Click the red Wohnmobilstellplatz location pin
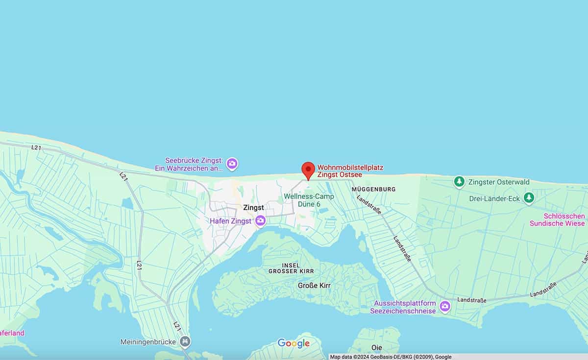[x=308, y=170]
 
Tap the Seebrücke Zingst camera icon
[x=232, y=164]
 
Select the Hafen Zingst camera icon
[x=261, y=221]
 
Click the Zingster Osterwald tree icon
[x=459, y=182]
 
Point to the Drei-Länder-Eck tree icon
[x=529, y=197]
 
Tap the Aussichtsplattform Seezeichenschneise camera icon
[x=445, y=307]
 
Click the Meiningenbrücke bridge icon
[x=185, y=341]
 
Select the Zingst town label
[x=253, y=208]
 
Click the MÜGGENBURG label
[x=373, y=189]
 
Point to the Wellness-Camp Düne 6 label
[x=309, y=200]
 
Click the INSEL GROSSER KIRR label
[x=291, y=268]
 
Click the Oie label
[x=377, y=347]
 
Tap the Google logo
[x=294, y=343]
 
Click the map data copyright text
[x=391, y=357]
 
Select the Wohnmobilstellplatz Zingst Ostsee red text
[x=350, y=171]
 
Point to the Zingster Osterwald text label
[x=498, y=182]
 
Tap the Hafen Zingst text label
[x=230, y=221]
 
